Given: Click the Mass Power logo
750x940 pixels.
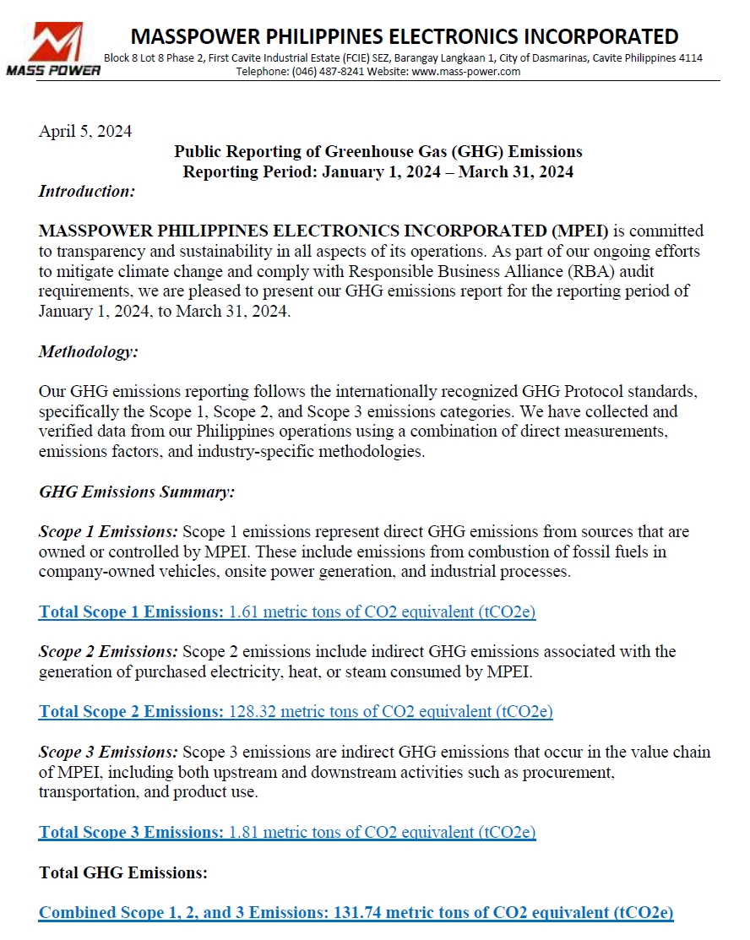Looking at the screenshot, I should pyautogui.click(x=54, y=48).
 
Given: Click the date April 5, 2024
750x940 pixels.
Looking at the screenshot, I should pyautogui.click(x=85, y=132).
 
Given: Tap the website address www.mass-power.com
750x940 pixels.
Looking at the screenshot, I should pyautogui.click(x=465, y=72).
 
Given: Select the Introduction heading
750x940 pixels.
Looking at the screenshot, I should pyautogui.click(x=87, y=192).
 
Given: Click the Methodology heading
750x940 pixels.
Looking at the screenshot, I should pyautogui.click(x=89, y=352).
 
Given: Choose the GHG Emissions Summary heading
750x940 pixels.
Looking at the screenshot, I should pyautogui.click(x=137, y=492).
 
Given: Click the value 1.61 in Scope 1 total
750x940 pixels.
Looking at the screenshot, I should pyautogui.click(x=244, y=612).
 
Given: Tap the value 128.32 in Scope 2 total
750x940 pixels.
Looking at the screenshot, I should pyautogui.click(x=253, y=712).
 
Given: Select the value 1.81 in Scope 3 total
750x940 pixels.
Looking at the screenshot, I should pyautogui.click(x=244, y=833).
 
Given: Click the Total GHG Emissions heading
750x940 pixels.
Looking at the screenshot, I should pyautogui.click(x=123, y=872).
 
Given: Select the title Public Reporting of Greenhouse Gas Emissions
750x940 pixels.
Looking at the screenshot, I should pyautogui.click(x=378, y=152).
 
